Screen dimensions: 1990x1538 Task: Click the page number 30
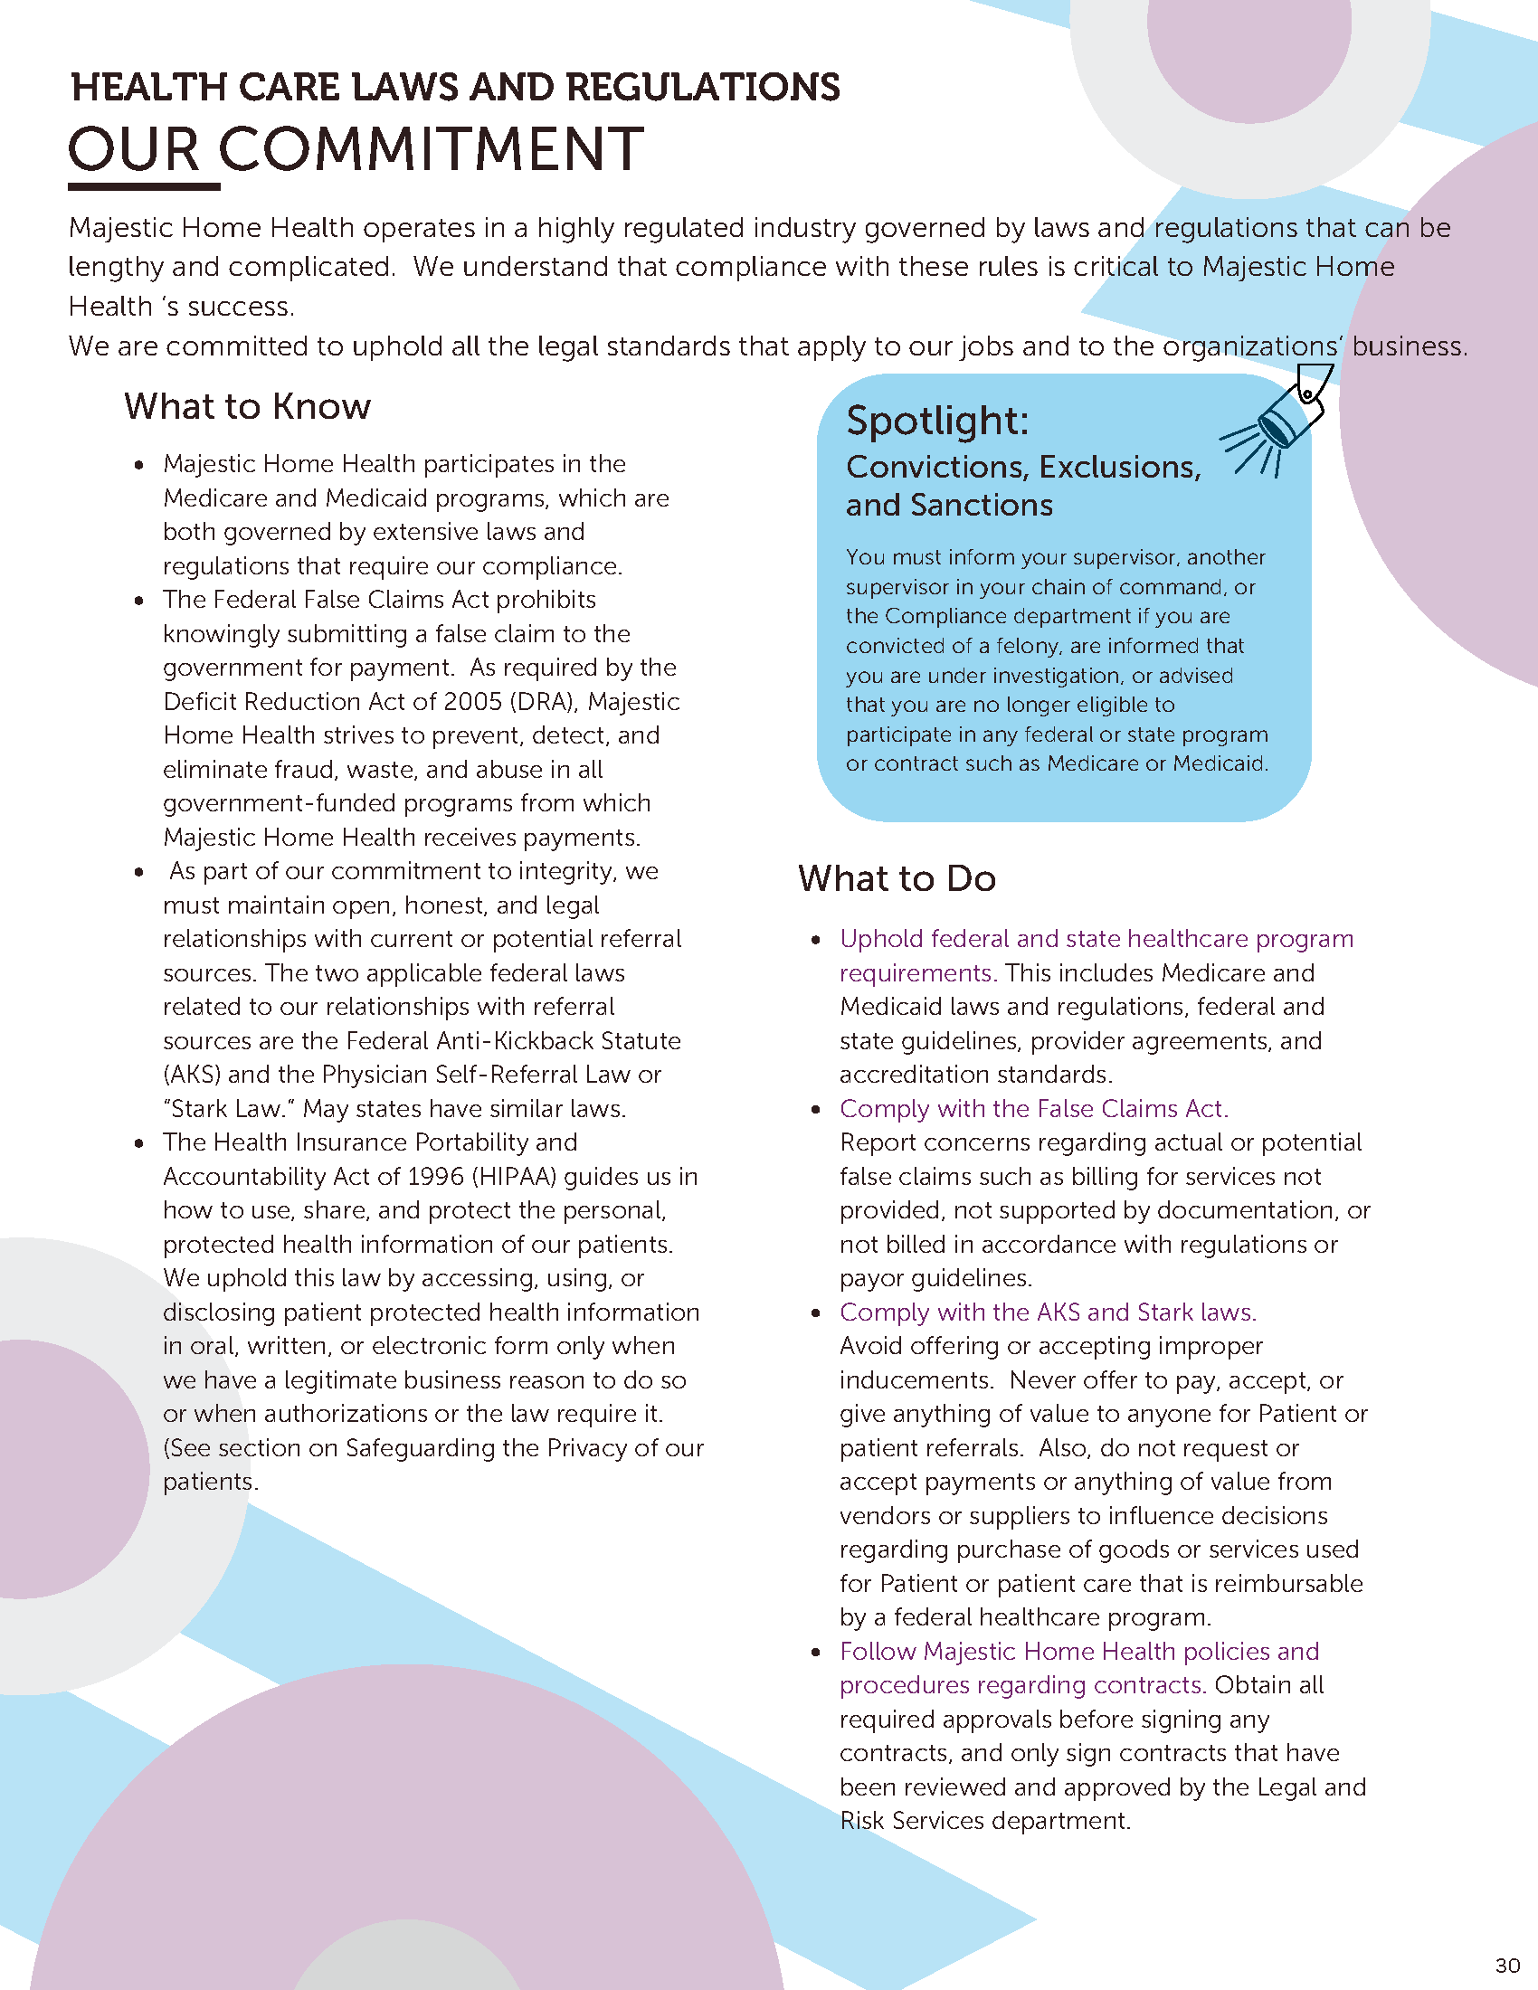pos(1508,1965)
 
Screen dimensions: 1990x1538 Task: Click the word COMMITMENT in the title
pos(431,149)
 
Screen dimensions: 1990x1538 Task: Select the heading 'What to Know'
pos(248,406)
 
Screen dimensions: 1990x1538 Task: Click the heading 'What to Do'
pos(897,878)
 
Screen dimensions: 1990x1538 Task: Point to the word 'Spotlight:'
pos(936,421)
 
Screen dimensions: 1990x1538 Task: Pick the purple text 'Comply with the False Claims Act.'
pos(1033,1109)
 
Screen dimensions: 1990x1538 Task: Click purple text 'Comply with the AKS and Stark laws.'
pos(1048,1312)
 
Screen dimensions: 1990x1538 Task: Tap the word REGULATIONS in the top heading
pos(702,88)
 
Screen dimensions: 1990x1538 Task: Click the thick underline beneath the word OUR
pos(144,187)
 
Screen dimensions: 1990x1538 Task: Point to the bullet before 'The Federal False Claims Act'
pos(139,601)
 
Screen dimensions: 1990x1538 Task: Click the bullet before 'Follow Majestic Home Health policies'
pos(816,1653)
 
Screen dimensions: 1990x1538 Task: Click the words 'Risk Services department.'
pos(984,1821)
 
